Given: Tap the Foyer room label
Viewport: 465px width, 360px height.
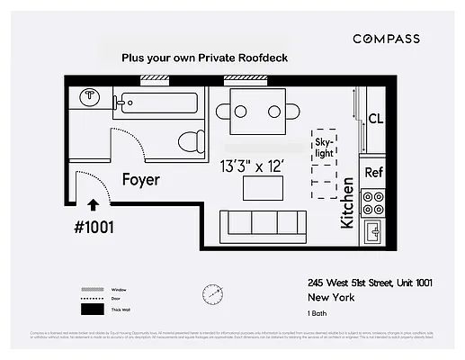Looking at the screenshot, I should coord(141,180).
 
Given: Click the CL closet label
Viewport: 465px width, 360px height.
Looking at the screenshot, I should coord(377,119).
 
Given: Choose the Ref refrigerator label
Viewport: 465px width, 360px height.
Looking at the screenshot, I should coord(374,171).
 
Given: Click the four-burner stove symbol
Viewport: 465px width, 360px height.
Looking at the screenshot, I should coord(373,202).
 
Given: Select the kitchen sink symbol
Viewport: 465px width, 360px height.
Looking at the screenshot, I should coord(374,232).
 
